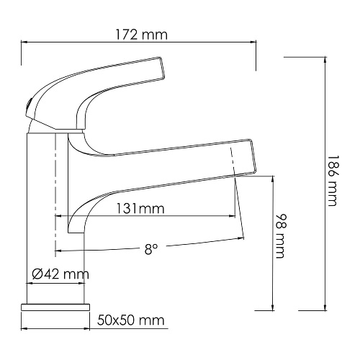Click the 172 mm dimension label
tap(141, 35)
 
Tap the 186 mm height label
tap(333, 181)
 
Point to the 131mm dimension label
tap(140, 208)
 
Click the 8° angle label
tap(151, 249)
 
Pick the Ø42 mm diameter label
tap(60, 274)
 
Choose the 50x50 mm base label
tap(131, 320)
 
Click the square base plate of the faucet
tap(55, 307)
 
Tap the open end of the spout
tap(253, 156)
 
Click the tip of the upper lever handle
tap(163, 68)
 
